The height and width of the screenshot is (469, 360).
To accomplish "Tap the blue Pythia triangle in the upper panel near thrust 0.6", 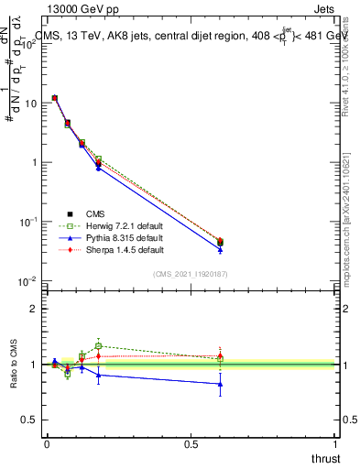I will pos(220,248).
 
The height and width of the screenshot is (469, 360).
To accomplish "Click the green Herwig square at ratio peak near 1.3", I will pos(98,346).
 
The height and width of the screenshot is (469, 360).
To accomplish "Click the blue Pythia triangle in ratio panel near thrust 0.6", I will pos(220,384).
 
